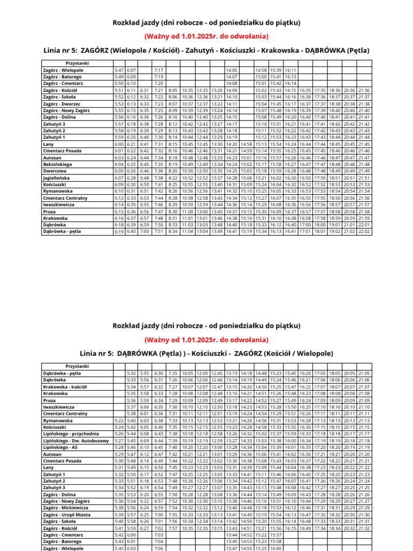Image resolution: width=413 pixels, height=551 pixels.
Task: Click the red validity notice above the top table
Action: coord(206,36)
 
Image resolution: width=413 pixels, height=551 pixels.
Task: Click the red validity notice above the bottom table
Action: coord(206,340)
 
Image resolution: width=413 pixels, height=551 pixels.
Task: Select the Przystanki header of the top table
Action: coord(76,63)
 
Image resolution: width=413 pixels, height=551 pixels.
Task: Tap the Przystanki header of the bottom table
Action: coord(76,366)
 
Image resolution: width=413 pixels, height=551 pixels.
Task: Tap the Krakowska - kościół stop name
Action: coord(63,386)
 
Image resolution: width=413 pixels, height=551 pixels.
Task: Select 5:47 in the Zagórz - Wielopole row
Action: coord(119,70)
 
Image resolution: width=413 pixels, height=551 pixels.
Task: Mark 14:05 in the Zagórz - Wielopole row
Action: coord(232,70)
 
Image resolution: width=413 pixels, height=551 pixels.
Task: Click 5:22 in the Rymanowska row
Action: coord(119,420)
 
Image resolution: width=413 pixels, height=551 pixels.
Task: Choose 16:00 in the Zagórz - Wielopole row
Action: coord(275,548)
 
